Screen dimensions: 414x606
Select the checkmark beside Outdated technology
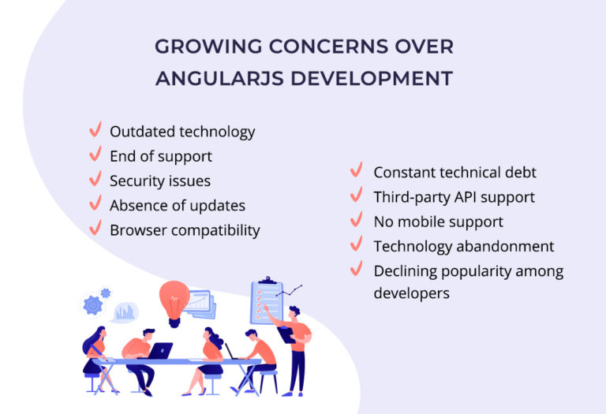[x=95, y=130]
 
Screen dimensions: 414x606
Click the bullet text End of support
[x=161, y=156]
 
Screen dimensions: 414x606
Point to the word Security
[x=133, y=181]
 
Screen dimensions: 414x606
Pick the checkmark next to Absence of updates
[x=95, y=203]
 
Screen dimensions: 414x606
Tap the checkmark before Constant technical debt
[x=357, y=170]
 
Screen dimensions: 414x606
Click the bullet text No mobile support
[x=438, y=222]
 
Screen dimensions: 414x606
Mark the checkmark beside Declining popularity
[x=357, y=270]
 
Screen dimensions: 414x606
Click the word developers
[x=411, y=293]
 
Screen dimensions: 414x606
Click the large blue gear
[x=93, y=304]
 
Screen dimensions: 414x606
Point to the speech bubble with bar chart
[x=125, y=312]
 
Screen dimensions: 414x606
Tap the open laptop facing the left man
[x=161, y=350]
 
